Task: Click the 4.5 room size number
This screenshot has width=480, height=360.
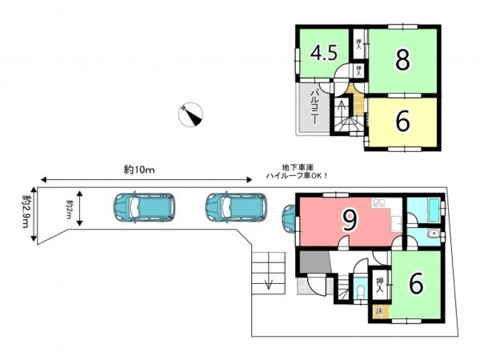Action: point(322,54)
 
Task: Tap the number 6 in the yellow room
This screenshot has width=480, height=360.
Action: point(402,121)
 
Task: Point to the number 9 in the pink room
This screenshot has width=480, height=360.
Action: point(348,222)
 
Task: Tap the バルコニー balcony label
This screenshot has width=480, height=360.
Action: point(315,108)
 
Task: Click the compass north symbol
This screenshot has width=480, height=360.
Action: point(192,115)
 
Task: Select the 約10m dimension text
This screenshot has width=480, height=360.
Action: point(138,169)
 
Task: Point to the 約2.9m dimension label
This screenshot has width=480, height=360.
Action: point(26,213)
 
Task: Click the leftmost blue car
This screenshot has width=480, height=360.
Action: point(143,207)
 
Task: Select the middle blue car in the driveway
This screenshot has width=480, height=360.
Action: point(234,207)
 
